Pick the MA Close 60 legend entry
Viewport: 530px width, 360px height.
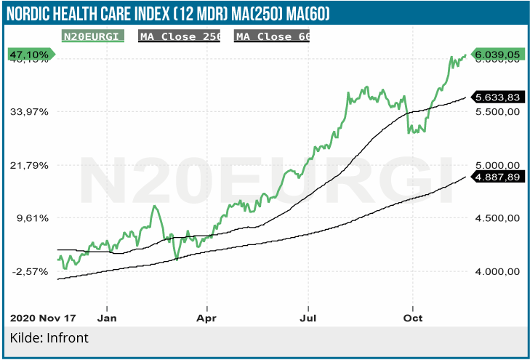pyautogui.click(x=272, y=36)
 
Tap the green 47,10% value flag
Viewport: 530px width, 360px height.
pyautogui.click(x=29, y=55)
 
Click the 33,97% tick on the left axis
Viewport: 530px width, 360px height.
pyautogui.click(x=30, y=112)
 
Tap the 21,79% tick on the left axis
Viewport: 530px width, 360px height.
pyautogui.click(x=30, y=165)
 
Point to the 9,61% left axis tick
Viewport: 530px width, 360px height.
pyautogui.click(x=31, y=217)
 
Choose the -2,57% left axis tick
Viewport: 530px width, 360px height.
pyautogui.click(x=30, y=271)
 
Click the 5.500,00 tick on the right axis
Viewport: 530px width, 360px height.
pyautogui.click(x=496, y=112)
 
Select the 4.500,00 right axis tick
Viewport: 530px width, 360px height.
pyautogui.click(x=496, y=218)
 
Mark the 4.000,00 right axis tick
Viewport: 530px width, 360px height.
pyautogui.click(x=496, y=271)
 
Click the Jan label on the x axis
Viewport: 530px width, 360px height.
pyautogui.click(x=107, y=318)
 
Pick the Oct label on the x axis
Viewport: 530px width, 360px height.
pyautogui.click(x=413, y=318)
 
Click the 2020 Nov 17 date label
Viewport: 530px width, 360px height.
pyautogui.click(x=43, y=318)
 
